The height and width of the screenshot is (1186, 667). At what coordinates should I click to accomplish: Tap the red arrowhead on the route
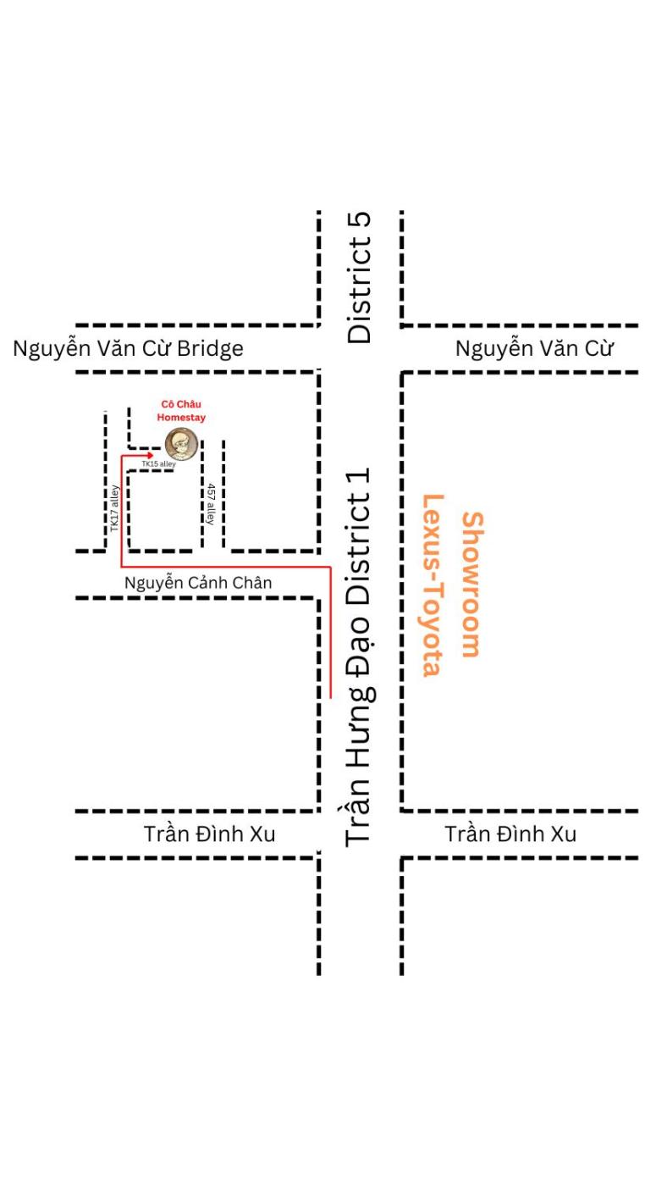click(x=148, y=455)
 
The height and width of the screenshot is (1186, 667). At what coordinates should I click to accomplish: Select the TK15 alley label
click(x=158, y=464)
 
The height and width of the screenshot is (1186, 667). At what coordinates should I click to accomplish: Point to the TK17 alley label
click(x=115, y=508)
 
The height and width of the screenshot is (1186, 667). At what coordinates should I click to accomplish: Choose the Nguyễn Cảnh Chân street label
click(x=198, y=583)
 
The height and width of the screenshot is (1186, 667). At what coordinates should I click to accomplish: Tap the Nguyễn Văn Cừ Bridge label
click(x=128, y=348)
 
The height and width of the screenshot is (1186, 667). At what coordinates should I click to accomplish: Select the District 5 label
click(x=360, y=278)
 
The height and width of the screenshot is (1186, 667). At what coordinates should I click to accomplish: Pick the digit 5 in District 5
click(x=360, y=221)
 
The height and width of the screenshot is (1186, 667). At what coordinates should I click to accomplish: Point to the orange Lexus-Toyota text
click(x=433, y=585)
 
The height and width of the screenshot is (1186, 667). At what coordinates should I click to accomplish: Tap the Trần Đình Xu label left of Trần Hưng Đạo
click(x=210, y=834)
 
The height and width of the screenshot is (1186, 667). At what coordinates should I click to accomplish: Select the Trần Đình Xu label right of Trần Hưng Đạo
click(x=510, y=834)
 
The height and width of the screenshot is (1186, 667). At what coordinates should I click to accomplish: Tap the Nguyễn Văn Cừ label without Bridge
click(x=533, y=348)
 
